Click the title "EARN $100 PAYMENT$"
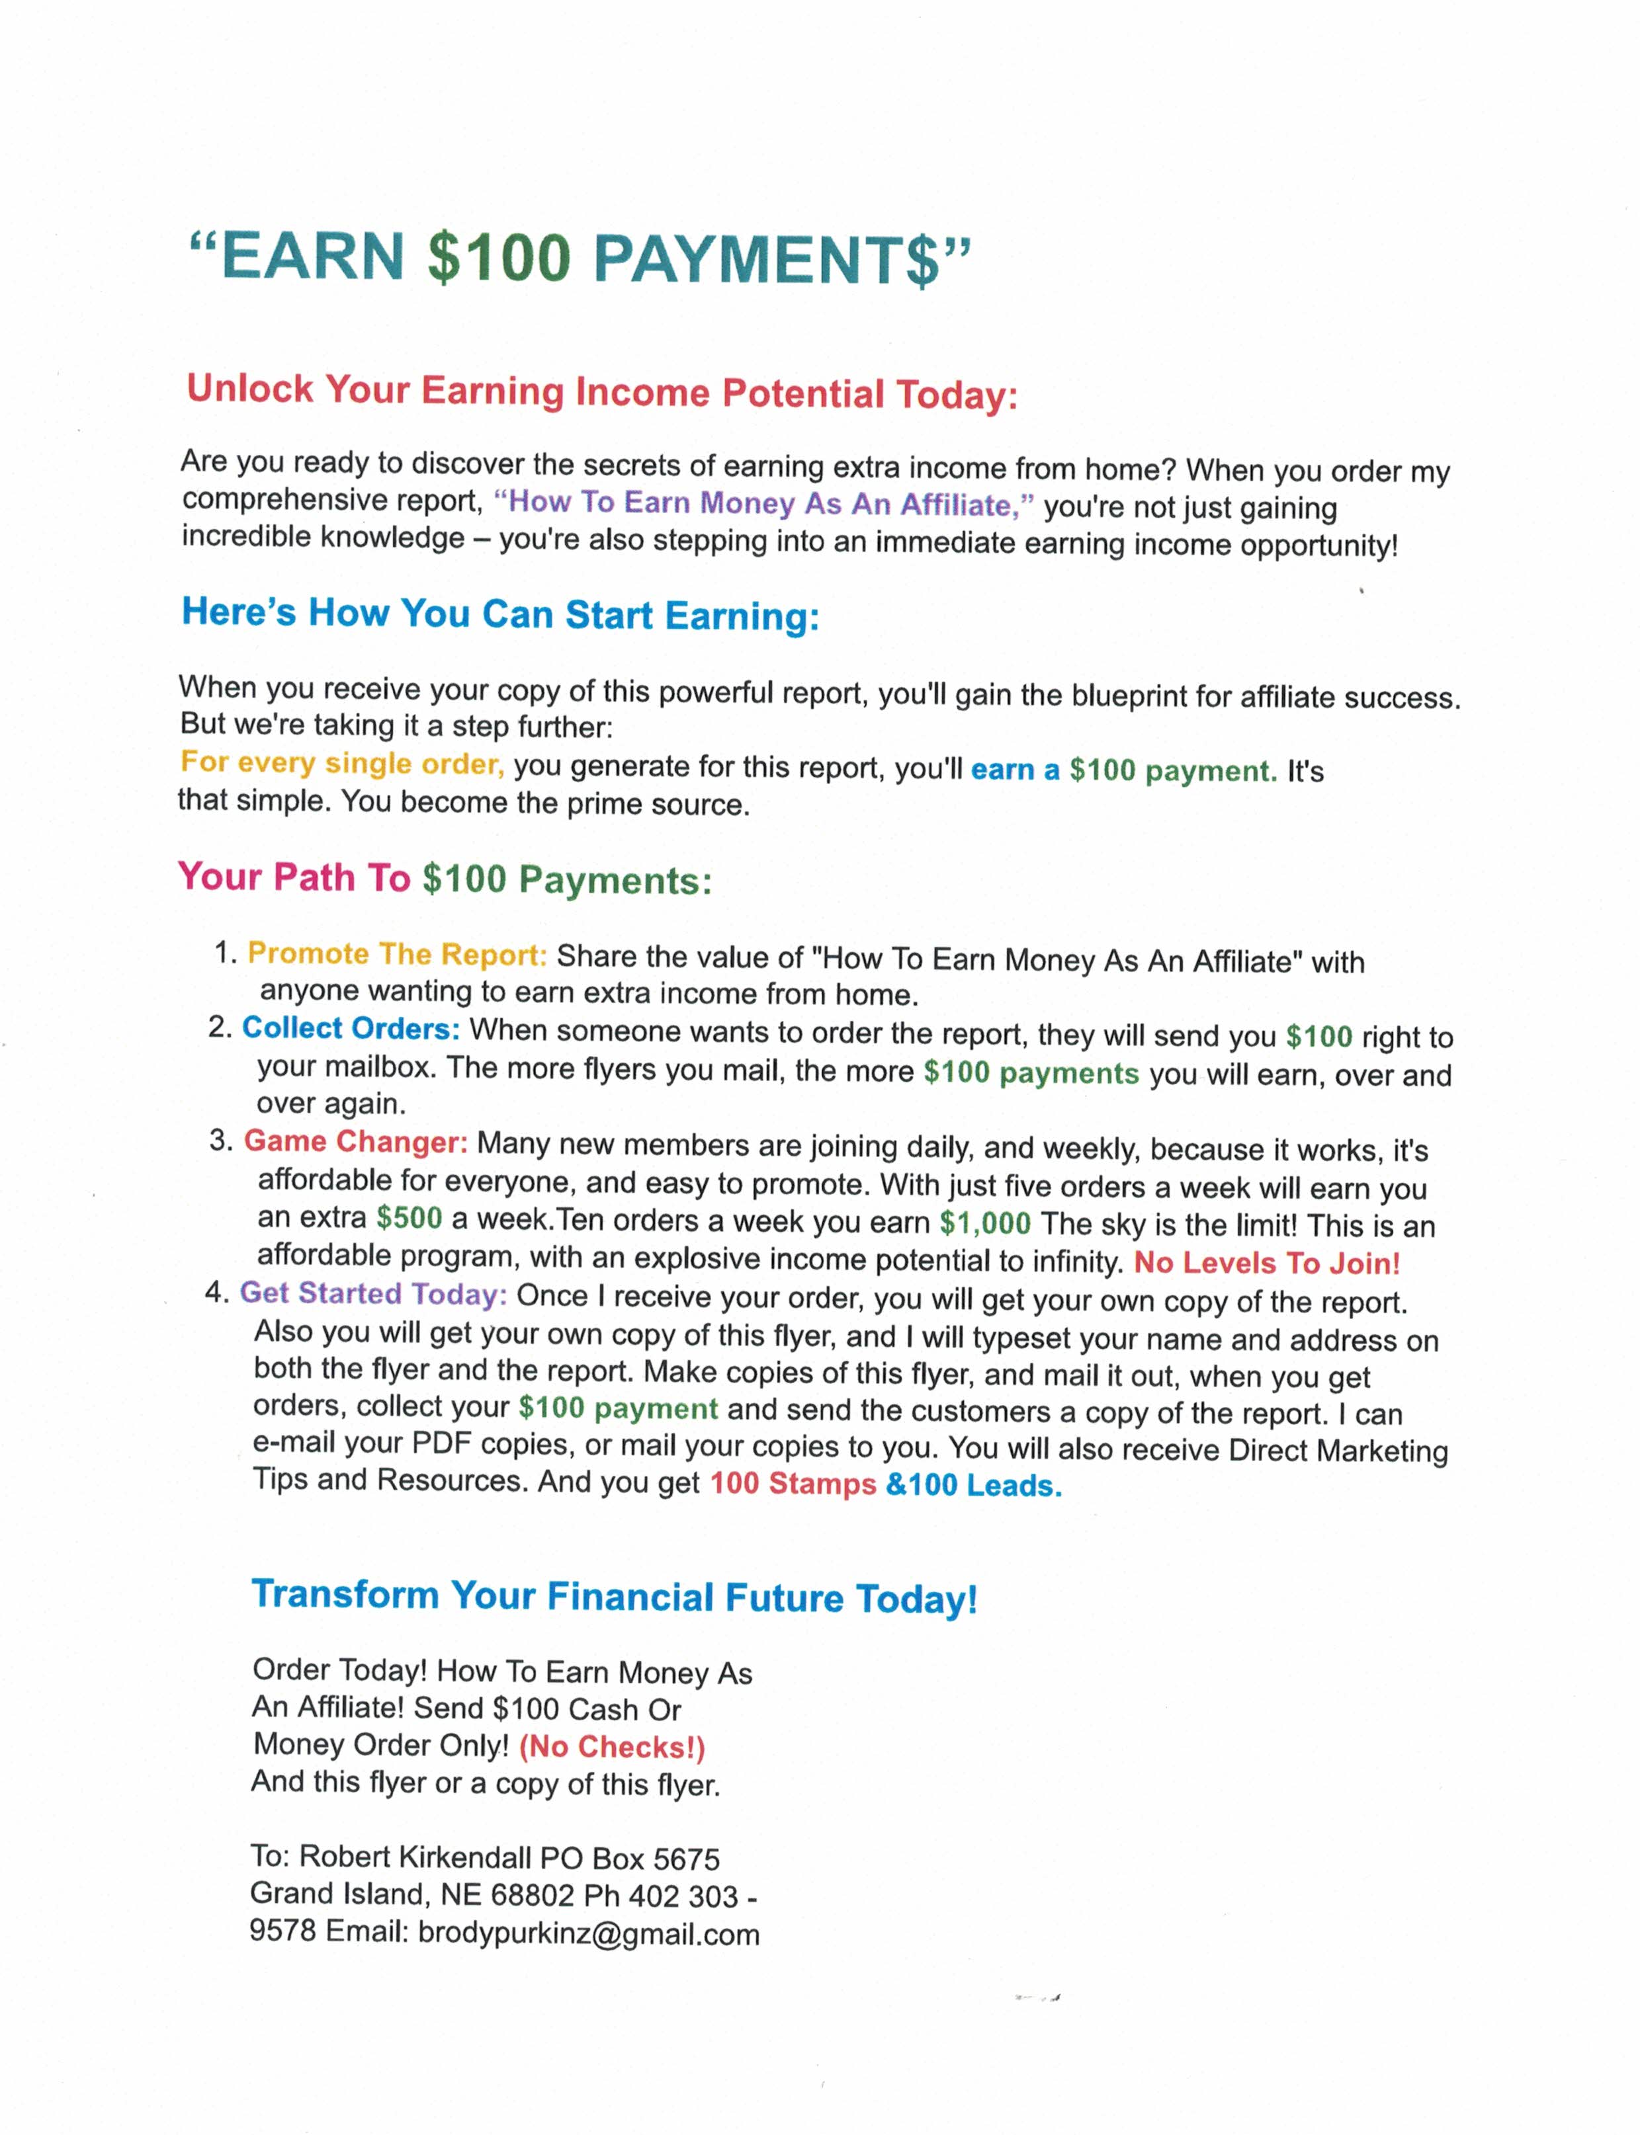(580, 259)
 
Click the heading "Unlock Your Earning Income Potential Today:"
(601, 392)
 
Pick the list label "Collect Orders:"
(351, 1028)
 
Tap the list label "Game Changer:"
(355, 1142)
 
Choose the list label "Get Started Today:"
(373, 1294)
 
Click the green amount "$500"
(409, 1218)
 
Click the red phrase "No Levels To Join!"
(1266, 1263)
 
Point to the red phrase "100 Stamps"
(792, 1483)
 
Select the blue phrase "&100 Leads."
(973, 1485)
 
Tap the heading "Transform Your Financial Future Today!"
(614, 1596)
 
